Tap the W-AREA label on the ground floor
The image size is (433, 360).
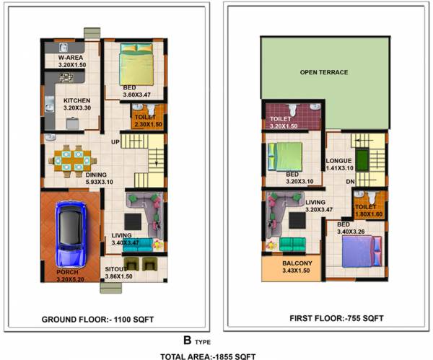(x=71, y=57)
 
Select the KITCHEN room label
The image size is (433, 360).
(x=76, y=100)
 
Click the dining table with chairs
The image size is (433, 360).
(x=70, y=159)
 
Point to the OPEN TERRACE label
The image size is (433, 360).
(x=324, y=72)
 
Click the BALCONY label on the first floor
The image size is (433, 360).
(x=297, y=263)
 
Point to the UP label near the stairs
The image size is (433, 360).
(x=115, y=142)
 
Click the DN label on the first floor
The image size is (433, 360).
(x=350, y=181)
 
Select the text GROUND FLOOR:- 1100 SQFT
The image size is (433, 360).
(x=97, y=318)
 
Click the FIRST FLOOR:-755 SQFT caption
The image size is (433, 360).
(x=336, y=318)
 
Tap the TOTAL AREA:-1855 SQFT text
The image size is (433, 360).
(x=208, y=355)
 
